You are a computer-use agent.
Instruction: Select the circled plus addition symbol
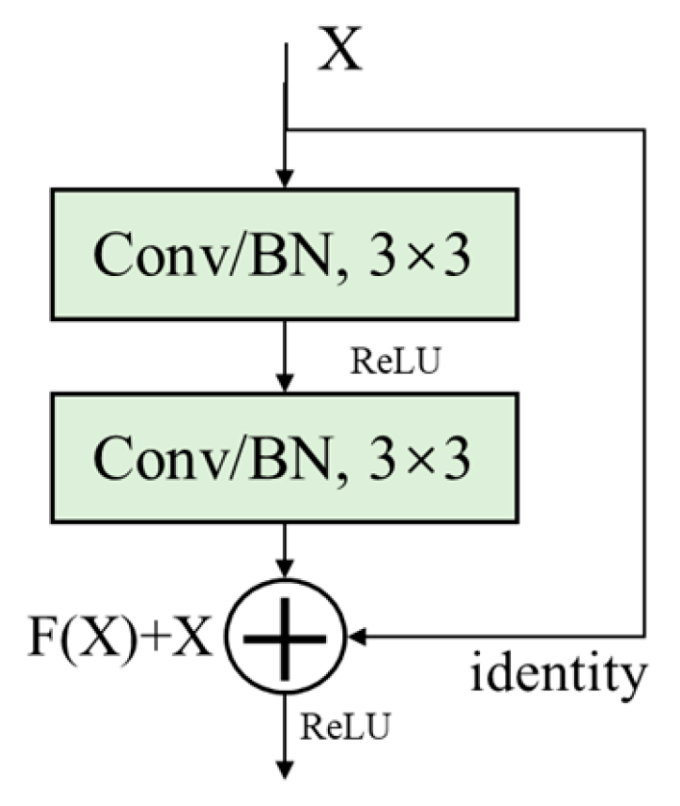tap(285, 636)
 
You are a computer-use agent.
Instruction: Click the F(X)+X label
tap(119, 636)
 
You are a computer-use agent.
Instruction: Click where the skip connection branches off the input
tap(285, 128)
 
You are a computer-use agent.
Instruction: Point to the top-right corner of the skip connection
tap(643, 128)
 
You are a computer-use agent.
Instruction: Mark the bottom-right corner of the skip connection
tap(643, 636)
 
